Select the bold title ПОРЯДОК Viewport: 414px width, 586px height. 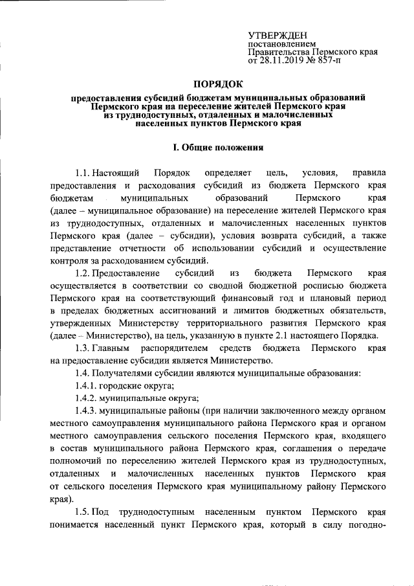(217, 84)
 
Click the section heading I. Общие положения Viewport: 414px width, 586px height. (217, 148)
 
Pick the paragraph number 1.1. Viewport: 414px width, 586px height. (82, 174)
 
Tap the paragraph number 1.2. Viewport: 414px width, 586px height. (82, 273)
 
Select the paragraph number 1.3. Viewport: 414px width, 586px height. (82, 348)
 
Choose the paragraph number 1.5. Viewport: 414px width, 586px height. (82, 511)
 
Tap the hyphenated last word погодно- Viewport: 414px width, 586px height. (367, 523)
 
